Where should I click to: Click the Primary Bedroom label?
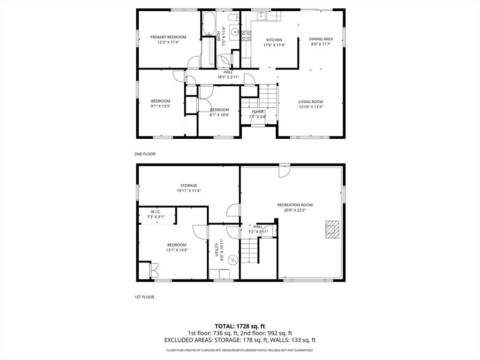[168, 37]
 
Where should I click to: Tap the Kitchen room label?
[274, 40]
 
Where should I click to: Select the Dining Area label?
[321, 39]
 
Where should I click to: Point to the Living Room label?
[311, 102]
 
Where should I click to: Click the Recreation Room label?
[295, 205]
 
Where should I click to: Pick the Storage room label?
[188, 186]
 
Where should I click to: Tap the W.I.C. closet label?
[156, 212]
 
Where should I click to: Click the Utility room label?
[217, 250]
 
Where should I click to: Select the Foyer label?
[258, 112]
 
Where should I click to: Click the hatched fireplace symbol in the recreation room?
[332, 229]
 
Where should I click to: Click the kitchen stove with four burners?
[247, 36]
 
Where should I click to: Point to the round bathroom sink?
[235, 31]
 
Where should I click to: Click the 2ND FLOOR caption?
[145, 154]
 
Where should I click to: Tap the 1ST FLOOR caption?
[144, 297]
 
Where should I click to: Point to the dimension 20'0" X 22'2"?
[295, 210]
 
